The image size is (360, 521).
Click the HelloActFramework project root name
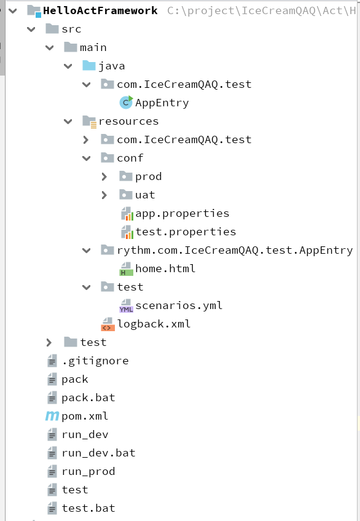[100, 10]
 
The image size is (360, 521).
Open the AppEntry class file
[162, 103]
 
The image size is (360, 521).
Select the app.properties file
[182, 213]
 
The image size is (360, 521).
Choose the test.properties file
[186, 232]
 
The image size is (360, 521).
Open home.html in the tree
[165, 268]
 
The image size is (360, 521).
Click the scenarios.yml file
[179, 305]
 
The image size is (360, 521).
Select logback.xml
[154, 324]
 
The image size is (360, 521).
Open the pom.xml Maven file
[85, 416]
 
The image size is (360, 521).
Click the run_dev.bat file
[98, 453]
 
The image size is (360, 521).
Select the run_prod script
[88, 471]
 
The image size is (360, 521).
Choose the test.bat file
[88, 508]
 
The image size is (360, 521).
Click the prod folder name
[148, 176]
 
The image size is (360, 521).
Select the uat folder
[145, 195]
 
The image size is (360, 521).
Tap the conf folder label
[130, 158]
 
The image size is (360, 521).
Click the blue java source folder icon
[88, 66]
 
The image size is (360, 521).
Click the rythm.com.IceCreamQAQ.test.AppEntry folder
[234, 250]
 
